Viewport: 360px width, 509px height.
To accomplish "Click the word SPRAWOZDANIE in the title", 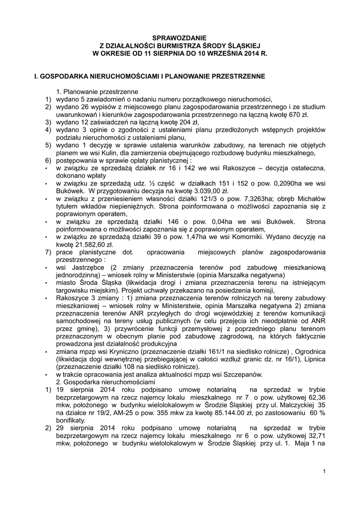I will [180, 38].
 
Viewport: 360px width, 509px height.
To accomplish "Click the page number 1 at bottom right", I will [324, 471].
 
